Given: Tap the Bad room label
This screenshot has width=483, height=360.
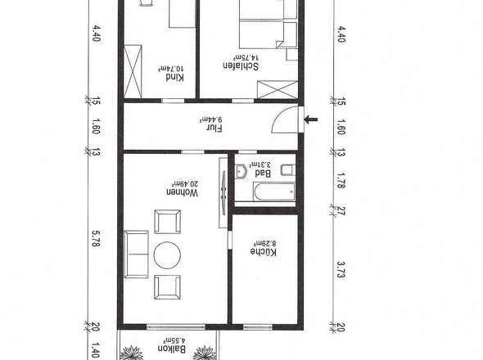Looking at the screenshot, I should pos(264,173).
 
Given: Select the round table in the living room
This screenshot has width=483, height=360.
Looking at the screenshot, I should pos(168,255).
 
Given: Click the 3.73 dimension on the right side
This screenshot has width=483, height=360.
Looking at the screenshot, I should pos(342,268).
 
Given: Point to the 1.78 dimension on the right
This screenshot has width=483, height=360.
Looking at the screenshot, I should pos(342,180).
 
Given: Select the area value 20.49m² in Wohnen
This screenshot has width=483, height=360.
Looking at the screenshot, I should pos(172,190).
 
